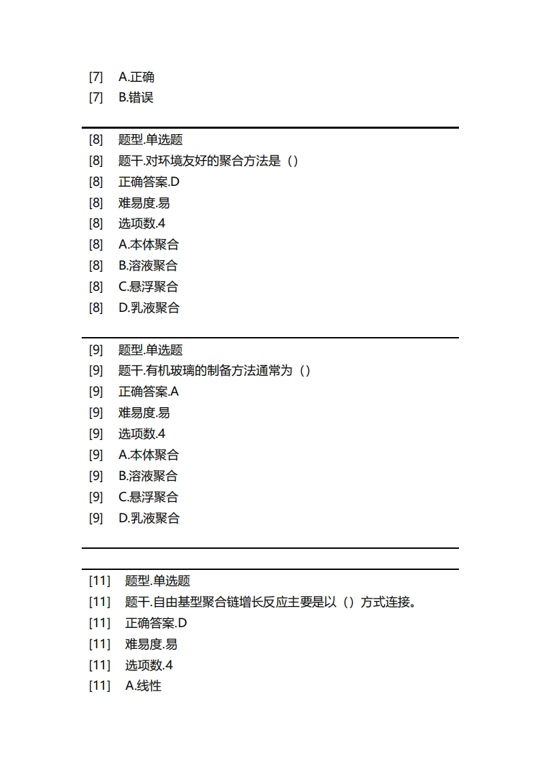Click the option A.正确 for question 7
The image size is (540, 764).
click(136, 77)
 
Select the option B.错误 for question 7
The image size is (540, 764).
click(136, 97)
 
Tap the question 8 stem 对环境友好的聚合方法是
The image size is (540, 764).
click(208, 161)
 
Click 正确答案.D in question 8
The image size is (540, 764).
click(149, 182)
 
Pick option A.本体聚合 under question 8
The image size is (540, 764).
click(148, 244)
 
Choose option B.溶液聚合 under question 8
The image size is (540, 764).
click(148, 266)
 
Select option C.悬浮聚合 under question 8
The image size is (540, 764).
click(148, 287)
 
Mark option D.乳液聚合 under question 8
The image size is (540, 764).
click(148, 308)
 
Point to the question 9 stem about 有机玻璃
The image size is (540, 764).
click(215, 370)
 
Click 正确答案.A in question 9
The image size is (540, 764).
click(148, 392)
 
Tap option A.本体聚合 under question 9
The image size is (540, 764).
click(148, 455)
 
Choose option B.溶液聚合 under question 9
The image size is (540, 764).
click(148, 476)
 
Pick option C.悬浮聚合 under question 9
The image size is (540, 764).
click(148, 497)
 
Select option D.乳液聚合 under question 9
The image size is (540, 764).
click(148, 518)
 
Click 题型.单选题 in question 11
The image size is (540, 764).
click(158, 581)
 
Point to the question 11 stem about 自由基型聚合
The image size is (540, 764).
click(271, 602)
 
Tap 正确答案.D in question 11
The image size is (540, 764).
click(156, 623)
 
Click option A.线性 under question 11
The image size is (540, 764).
click(144, 686)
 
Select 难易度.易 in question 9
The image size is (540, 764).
click(144, 413)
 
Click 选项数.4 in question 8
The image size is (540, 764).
click(142, 223)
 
